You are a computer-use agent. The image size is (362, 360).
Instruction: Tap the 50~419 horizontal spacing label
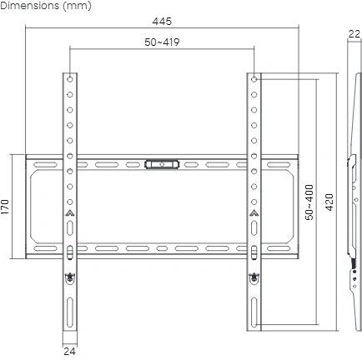coord(161,41)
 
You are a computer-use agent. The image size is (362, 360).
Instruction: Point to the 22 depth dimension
coord(354,34)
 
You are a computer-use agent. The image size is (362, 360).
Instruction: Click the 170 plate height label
coord(7,205)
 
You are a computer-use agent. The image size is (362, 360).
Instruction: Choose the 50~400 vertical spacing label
coord(309,202)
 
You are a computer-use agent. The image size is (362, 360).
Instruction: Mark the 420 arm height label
coord(329,202)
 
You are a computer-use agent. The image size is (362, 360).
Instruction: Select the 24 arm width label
coord(69,351)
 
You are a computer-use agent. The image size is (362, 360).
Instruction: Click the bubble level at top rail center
coord(161,164)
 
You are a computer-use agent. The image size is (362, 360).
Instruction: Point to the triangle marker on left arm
coord(70,214)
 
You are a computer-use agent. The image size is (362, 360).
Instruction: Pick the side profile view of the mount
coord(353,200)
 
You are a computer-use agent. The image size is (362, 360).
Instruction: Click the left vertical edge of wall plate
coord(27,205)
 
